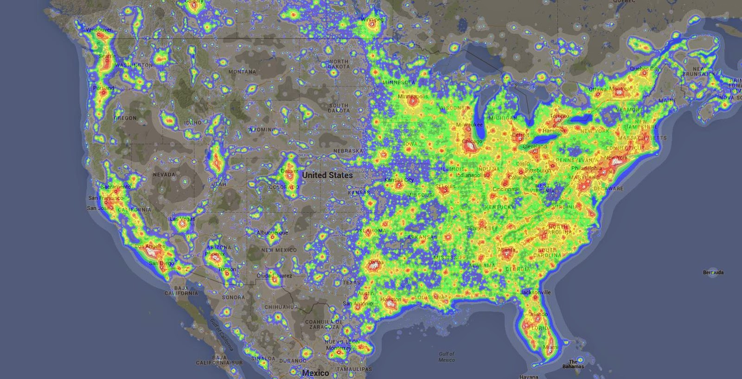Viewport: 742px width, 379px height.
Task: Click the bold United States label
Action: tap(327, 175)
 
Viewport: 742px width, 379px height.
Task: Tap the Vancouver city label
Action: tap(99, 30)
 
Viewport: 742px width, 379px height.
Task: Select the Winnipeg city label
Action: tap(372, 20)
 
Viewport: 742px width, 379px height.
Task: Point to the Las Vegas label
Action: tap(182, 218)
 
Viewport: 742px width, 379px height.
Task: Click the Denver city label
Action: tap(289, 170)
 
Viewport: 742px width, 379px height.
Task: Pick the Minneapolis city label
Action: tap(413, 97)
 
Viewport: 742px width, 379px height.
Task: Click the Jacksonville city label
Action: tap(535, 292)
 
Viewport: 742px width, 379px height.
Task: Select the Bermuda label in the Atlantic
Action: tap(713, 272)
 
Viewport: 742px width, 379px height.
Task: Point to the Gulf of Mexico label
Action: tap(446, 357)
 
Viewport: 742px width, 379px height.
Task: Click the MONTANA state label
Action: tap(242, 72)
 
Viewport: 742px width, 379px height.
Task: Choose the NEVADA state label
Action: tap(164, 175)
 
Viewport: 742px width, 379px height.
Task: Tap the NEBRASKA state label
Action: tap(348, 151)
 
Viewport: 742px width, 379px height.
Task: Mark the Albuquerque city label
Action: tap(272, 232)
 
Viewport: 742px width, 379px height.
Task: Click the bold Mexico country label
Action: tap(315, 373)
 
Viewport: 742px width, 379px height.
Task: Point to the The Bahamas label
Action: tap(574, 364)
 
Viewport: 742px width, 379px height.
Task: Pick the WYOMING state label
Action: tap(262, 130)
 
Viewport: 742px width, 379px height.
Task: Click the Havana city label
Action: tap(529, 376)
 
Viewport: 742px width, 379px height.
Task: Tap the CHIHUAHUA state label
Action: tap(281, 307)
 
